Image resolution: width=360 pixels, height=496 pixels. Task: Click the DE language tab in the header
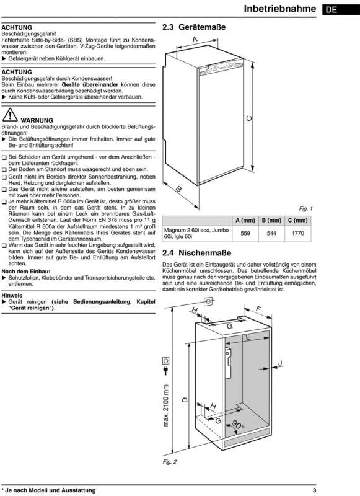point(341,10)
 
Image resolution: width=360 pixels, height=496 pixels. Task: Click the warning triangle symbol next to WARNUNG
point(10,115)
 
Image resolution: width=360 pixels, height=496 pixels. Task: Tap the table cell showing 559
point(245,234)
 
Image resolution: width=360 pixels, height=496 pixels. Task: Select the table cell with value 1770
point(298,234)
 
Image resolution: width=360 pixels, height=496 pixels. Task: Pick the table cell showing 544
point(271,234)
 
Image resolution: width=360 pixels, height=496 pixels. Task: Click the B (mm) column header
point(271,221)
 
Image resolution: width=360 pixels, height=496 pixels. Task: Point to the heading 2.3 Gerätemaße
point(194,27)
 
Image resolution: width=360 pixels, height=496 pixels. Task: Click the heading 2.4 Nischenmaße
point(196,253)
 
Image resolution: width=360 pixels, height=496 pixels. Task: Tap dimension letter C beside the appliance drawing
point(249,118)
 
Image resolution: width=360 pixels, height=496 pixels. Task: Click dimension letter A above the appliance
point(195,40)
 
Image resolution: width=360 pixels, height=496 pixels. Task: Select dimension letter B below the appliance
point(178,189)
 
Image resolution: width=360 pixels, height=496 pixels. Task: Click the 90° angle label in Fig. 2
point(238,424)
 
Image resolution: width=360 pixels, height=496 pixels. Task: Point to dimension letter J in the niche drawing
point(280,363)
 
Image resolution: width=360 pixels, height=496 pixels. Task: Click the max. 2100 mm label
point(166,405)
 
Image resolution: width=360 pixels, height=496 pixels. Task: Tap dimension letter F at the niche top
point(258,308)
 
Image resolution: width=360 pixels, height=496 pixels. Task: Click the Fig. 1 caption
point(305,209)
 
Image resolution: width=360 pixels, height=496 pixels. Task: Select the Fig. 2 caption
point(170,462)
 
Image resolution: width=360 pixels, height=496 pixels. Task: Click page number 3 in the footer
point(314,490)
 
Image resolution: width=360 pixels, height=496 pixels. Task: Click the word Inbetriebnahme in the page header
point(279,9)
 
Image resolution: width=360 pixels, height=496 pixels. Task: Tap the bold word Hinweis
point(12,296)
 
